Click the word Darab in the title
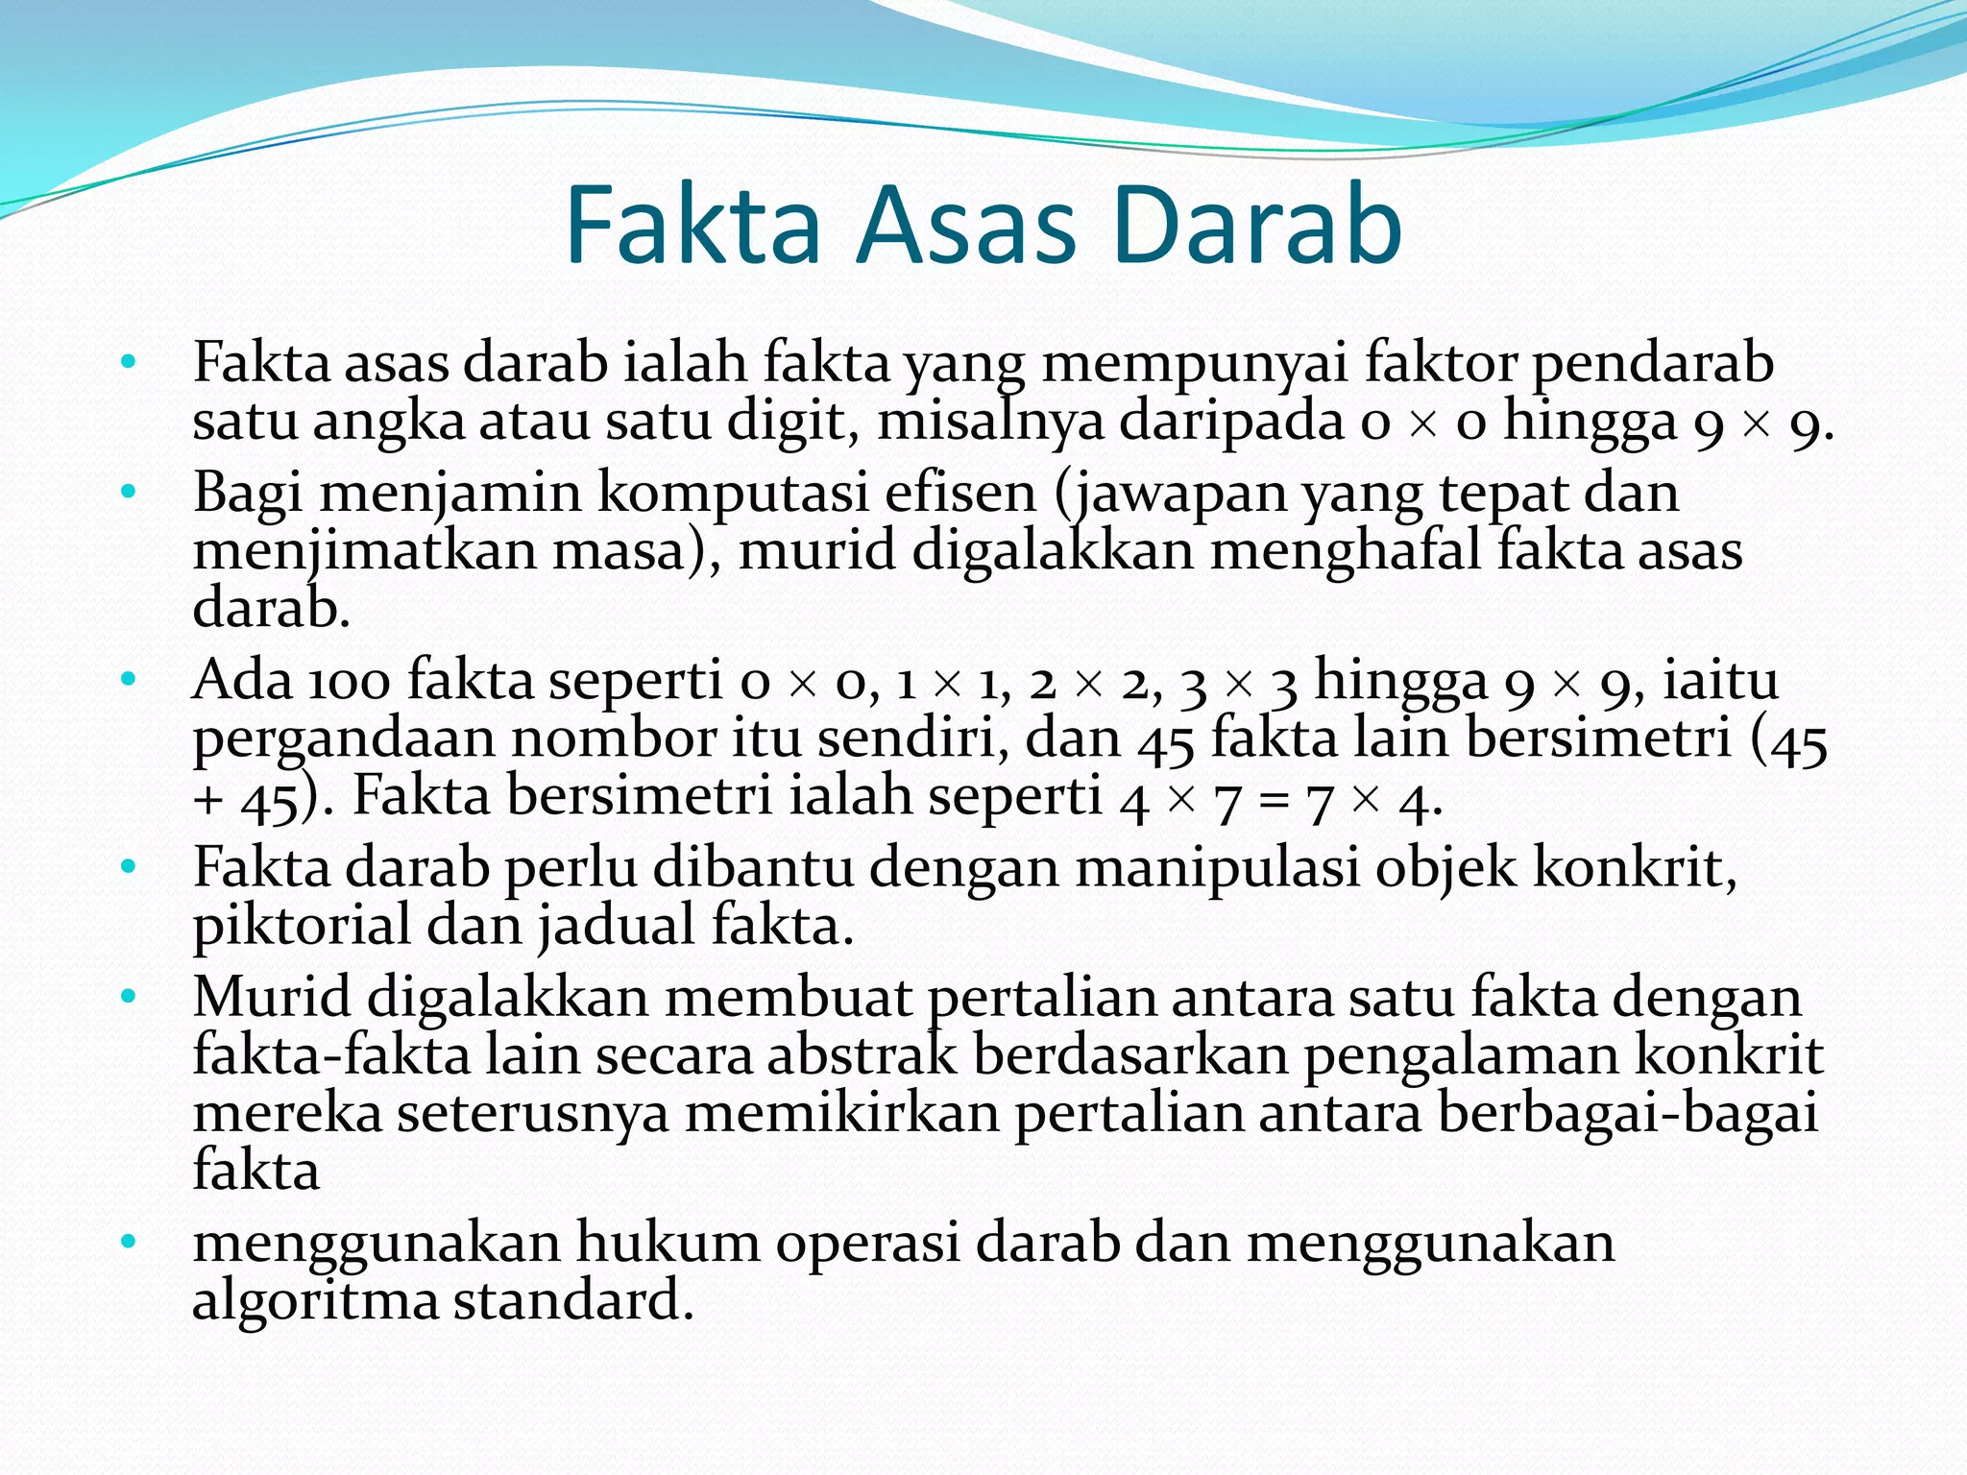click(x=1257, y=227)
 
